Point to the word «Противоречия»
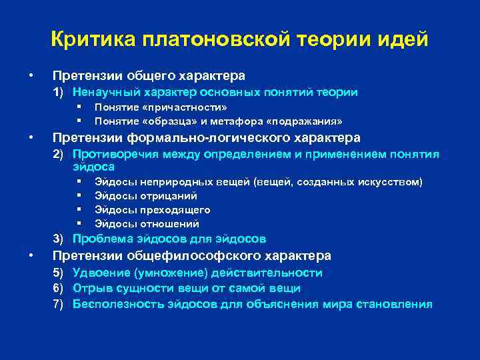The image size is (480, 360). (x=109, y=155)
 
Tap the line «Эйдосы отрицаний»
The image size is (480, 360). (x=145, y=196)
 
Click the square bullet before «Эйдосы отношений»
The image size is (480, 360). (x=79, y=224)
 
